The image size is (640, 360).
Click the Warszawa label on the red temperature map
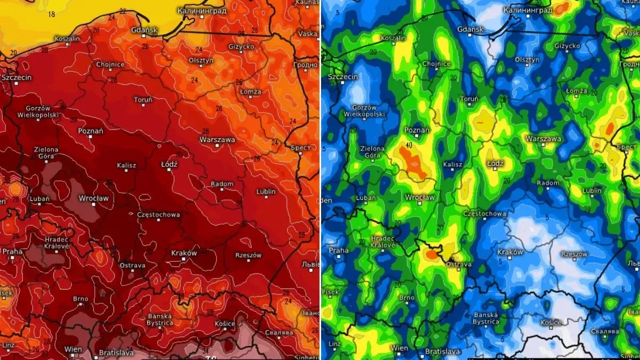point(217,140)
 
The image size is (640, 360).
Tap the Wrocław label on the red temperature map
point(94,198)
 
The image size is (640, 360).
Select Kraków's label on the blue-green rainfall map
point(510,252)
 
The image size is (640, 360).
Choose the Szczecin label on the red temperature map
point(17,77)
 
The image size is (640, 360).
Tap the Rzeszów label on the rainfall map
point(574,254)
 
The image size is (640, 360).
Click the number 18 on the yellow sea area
point(52,14)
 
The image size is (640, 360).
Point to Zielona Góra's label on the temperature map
point(45,153)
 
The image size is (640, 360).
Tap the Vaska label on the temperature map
point(308,33)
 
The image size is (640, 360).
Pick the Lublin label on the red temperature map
point(266,191)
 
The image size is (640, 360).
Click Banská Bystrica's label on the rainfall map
point(486,318)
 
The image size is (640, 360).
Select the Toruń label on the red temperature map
point(143,100)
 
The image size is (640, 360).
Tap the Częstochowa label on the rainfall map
point(484,214)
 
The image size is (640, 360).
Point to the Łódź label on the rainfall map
point(495,163)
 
